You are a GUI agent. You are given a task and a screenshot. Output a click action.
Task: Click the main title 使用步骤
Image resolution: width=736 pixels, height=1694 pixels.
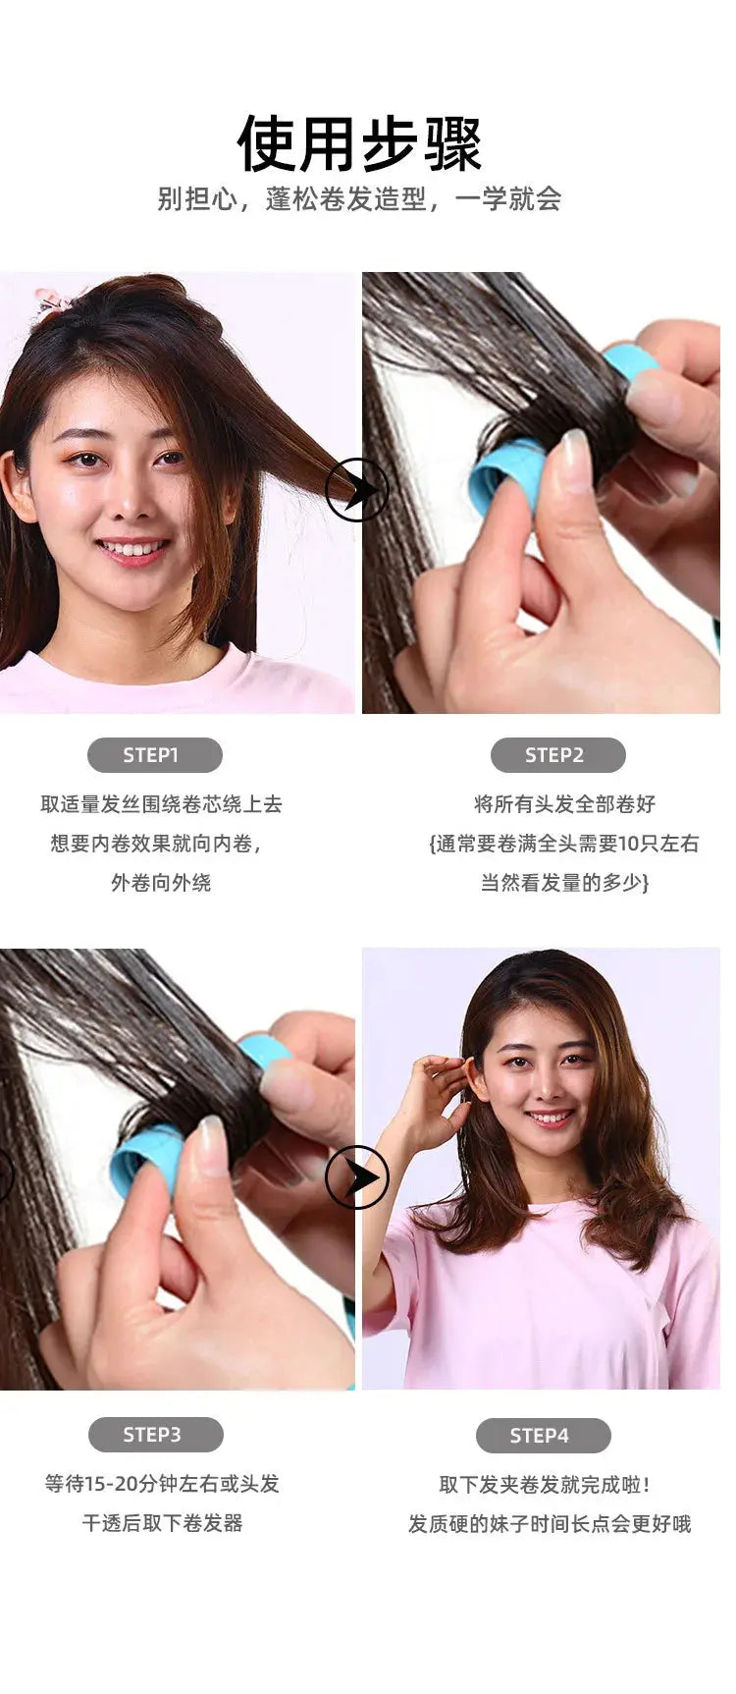coord(359,143)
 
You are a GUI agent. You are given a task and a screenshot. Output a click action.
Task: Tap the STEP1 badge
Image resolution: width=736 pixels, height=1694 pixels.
coord(154,755)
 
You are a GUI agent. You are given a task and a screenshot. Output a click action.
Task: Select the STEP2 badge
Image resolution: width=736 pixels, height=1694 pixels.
coord(556,755)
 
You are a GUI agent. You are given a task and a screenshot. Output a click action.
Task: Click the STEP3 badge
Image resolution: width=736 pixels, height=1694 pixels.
coord(155,1435)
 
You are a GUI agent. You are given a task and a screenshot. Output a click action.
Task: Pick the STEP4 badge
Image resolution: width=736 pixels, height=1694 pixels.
coord(543,1436)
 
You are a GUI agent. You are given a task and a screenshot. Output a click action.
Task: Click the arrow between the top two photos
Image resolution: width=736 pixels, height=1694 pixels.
coord(357,489)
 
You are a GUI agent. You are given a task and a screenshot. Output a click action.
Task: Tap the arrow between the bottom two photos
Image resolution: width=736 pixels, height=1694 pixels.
coord(357,1176)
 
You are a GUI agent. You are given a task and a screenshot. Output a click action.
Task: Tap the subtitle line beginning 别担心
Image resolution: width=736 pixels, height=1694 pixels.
coord(359,199)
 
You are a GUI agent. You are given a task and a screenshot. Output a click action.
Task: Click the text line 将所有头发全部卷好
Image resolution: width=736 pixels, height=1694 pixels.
coord(564,804)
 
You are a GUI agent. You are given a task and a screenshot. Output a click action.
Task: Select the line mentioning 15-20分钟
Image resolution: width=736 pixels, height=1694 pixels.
coord(162,1484)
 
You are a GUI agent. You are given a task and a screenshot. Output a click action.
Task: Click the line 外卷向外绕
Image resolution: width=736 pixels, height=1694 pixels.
coord(161,883)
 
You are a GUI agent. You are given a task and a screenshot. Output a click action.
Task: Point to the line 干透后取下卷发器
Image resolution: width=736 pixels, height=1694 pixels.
coord(162,1523)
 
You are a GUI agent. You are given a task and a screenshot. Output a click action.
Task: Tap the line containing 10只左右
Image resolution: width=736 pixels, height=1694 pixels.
coord(564,844)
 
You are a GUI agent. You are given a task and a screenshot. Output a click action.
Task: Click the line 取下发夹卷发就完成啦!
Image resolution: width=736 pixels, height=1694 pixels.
coord(545,1485)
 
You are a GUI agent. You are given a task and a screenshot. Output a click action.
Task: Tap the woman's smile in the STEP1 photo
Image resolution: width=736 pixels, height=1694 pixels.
coord(133,549)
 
